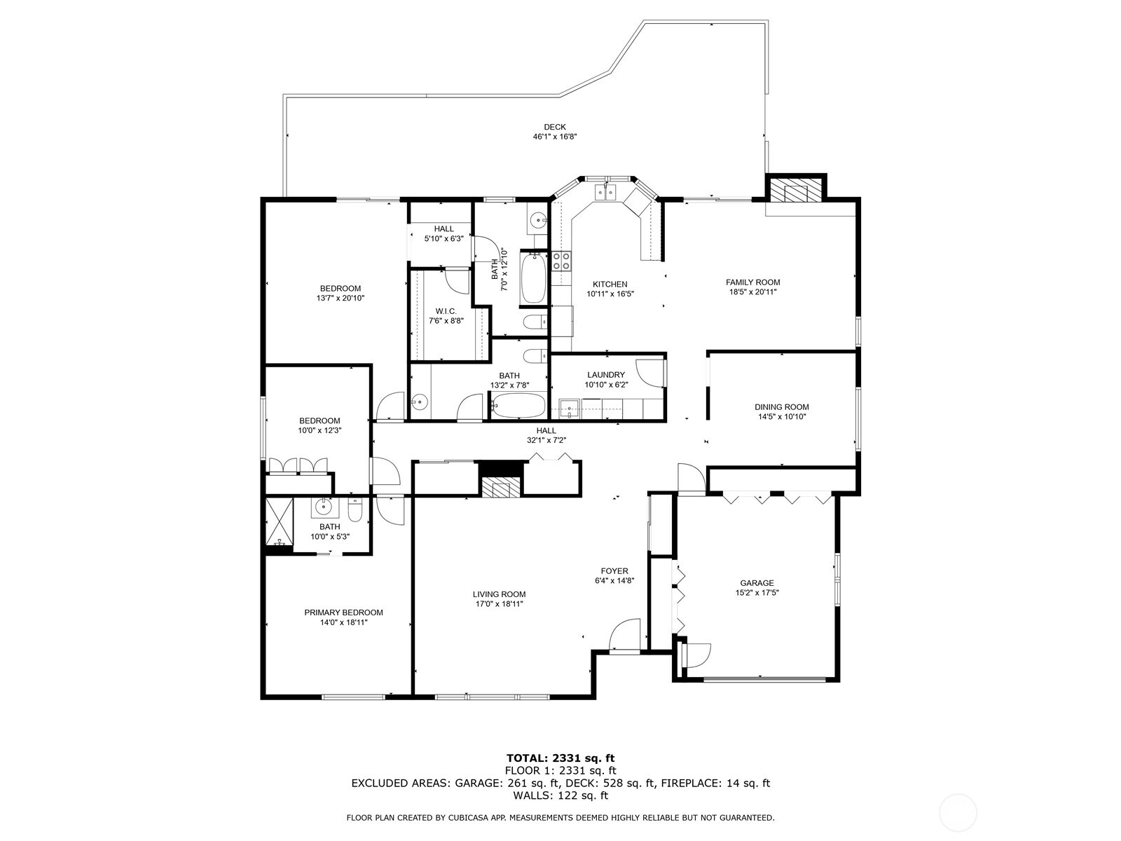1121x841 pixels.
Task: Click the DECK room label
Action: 555,127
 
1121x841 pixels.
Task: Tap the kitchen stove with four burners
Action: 561,261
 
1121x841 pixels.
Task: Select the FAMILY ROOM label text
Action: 752,282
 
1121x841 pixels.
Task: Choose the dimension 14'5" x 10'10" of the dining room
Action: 782,417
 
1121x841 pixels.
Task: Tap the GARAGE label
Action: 757,583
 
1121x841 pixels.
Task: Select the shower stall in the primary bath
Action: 280,522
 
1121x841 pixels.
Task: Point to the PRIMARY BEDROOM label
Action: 343,613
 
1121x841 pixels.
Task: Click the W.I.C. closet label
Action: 446,311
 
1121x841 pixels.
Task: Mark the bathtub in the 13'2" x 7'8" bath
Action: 518,406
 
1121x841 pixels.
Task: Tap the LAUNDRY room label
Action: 606,375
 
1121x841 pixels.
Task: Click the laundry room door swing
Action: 650,373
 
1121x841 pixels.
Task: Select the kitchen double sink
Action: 606,193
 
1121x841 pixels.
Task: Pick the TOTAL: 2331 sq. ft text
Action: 560,758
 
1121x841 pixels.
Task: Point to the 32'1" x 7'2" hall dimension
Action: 546,440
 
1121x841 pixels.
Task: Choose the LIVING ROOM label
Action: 499,594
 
